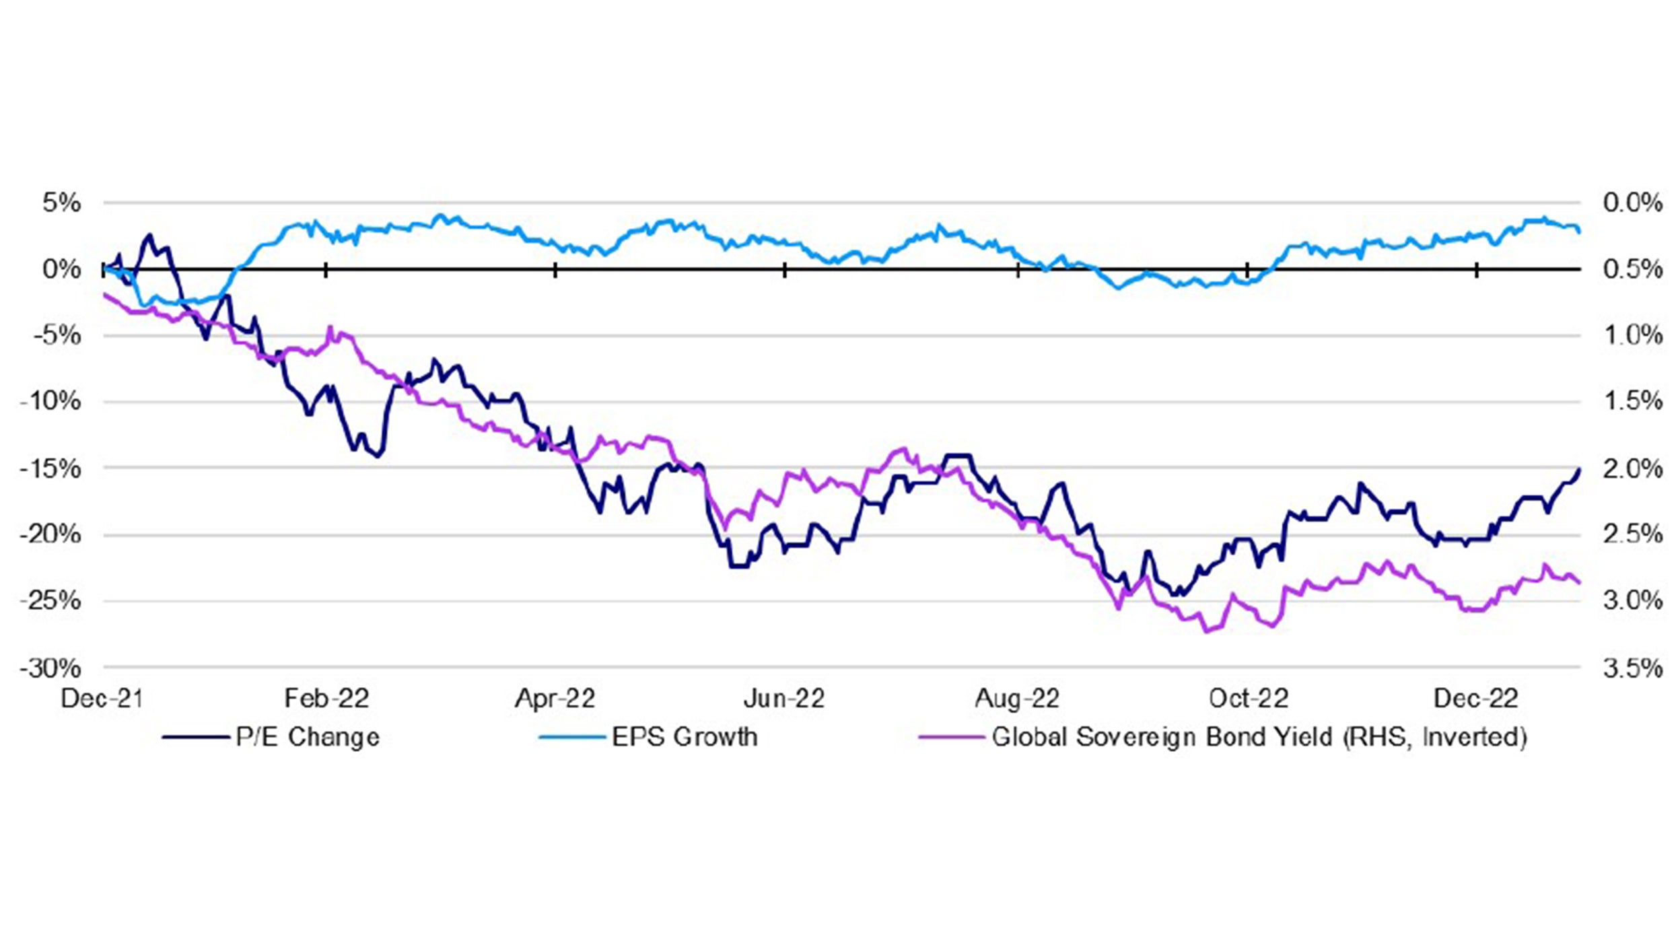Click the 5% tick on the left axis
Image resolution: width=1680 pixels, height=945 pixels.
[x=62, y=203]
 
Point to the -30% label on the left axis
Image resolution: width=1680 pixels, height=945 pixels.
[x=50, y=668]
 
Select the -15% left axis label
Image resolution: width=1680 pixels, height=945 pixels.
[x=50, y=468]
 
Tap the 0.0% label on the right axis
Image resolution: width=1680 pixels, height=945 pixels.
[x=1632, y=203]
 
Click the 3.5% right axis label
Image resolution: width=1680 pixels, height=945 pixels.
[x=1632, y=668]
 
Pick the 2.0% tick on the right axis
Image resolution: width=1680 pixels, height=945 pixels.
[x=1632, y=468]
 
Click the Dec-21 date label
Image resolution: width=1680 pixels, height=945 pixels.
[x=102, y=699]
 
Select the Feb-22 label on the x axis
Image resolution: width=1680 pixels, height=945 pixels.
[x=326, y=699]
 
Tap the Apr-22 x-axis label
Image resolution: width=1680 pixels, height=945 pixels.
[x=555, y=699]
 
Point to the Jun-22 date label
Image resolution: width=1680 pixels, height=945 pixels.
[x=784, y=699]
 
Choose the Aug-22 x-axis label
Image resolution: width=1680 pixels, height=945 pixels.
[x=1017, y=699]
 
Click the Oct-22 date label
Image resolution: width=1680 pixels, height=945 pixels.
[x=1248, y=699]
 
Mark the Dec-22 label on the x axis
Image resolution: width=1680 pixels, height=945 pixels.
[x=1476, y=699]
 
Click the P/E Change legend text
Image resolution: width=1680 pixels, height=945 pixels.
[x=308, y=737]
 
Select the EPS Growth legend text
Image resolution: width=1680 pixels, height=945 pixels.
[x=685, y=737]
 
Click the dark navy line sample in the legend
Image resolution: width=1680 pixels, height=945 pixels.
[x=195, y=738]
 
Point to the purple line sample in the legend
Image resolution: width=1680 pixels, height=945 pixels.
[x=952, y=738]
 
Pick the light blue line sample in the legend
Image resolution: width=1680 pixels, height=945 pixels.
[x=572, y=738]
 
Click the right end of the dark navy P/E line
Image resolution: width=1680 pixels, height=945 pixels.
[x=1579, y=470]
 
